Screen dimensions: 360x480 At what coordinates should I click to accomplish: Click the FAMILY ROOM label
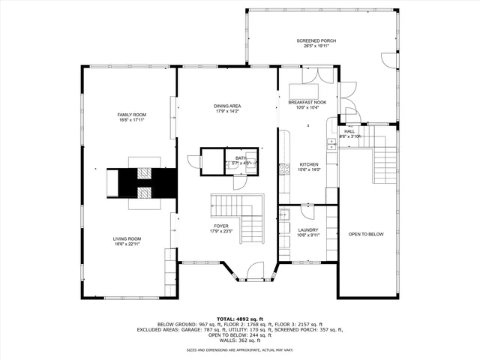(x=130, y=114)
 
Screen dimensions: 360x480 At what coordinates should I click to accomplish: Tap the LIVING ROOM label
(x=128, y=238)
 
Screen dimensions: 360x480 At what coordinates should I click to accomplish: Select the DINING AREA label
(x=227, y=106)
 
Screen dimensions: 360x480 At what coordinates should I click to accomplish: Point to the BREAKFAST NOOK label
(x=308, y=102)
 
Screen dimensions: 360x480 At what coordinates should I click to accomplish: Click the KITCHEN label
(x=309, y=164)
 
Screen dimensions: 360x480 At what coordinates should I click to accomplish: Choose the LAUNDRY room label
(x=308, y=230)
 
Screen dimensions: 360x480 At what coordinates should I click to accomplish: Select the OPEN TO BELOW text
(x=365, y=235)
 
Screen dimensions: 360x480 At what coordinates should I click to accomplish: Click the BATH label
(x=240, y=158)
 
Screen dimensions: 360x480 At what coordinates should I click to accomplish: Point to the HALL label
(x=349, y=131)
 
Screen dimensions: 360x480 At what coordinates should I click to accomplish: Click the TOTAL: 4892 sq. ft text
(x=239, y=319)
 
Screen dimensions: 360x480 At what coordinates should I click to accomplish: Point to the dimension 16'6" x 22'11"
(x=128, y=244)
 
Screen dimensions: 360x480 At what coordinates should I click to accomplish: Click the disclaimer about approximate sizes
(x=239, y=349)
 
